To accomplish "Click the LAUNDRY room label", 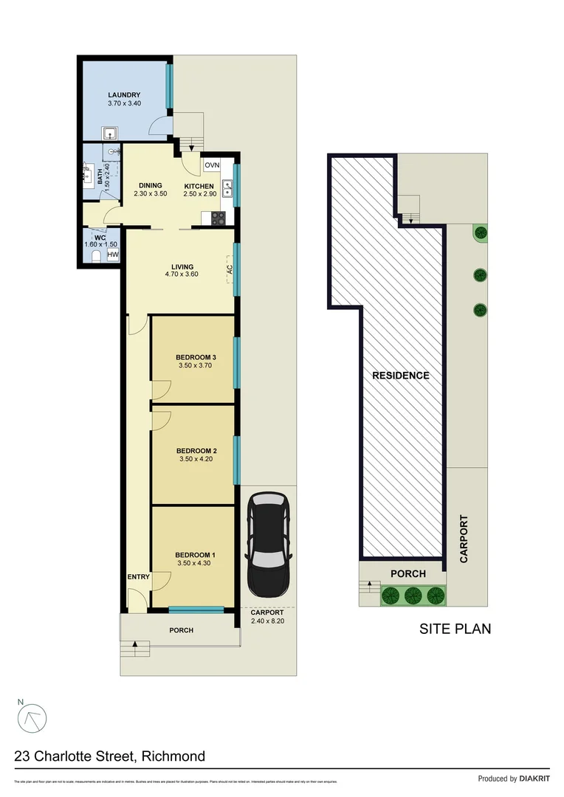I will point(124,95).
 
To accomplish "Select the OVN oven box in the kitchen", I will point(212,165).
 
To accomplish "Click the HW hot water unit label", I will point(113,255).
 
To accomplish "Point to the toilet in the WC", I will point(96,256).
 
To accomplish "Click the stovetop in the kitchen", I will point(219,218).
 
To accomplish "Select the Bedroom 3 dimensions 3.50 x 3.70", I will point(196,365).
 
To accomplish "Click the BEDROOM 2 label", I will point(196,450).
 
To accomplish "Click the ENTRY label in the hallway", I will point(139,577).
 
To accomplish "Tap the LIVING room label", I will point(182,266).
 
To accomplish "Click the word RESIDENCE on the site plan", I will point(400,376).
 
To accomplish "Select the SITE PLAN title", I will point(455,629).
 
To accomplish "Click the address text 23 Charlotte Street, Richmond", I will point(110,756).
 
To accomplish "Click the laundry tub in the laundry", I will point(109,134).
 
